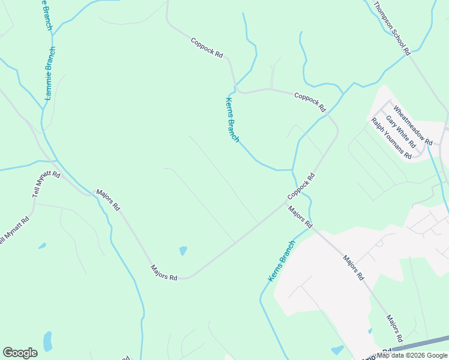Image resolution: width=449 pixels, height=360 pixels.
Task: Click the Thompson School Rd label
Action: (391, 28)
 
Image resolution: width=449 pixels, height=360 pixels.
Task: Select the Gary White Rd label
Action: (401, 132)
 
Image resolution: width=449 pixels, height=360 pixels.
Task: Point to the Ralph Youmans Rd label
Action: (391, 139)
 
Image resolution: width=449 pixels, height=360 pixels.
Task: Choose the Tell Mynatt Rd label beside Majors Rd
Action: (46, 185)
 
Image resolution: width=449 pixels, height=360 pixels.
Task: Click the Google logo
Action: (20, 353)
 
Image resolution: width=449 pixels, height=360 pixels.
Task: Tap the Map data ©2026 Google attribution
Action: (412, 355)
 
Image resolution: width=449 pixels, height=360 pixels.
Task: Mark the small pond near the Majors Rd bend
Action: (183, 250)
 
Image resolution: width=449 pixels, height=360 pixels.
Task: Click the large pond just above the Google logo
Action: (47, 341)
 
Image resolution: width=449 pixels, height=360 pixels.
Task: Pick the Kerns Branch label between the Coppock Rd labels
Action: (232, 120)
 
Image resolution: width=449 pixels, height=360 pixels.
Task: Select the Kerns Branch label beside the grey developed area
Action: (281, 262)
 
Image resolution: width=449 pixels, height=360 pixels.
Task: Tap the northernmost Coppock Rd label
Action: (206, 48)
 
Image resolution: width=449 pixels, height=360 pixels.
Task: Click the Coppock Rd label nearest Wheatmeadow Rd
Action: (310, 102)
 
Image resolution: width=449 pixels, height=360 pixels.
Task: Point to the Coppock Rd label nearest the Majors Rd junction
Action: (301, 187)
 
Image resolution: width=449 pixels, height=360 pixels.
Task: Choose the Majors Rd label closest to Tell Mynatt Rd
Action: (108, 200)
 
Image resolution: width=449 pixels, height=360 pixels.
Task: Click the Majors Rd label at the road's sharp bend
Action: (164, 273)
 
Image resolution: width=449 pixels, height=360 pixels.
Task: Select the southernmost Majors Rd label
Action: (394, 327)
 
